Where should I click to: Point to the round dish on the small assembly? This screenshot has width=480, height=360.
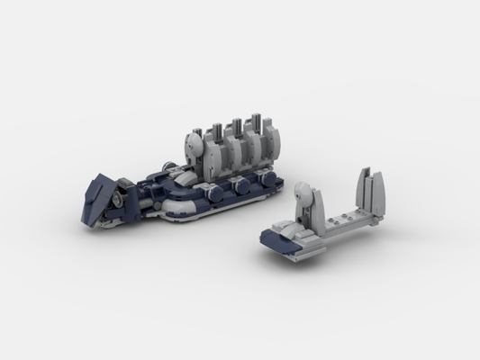tap(302, 193)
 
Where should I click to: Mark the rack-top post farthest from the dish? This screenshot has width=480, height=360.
tap(258, 122)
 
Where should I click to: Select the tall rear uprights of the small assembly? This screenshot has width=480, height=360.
tap(369, 190)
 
